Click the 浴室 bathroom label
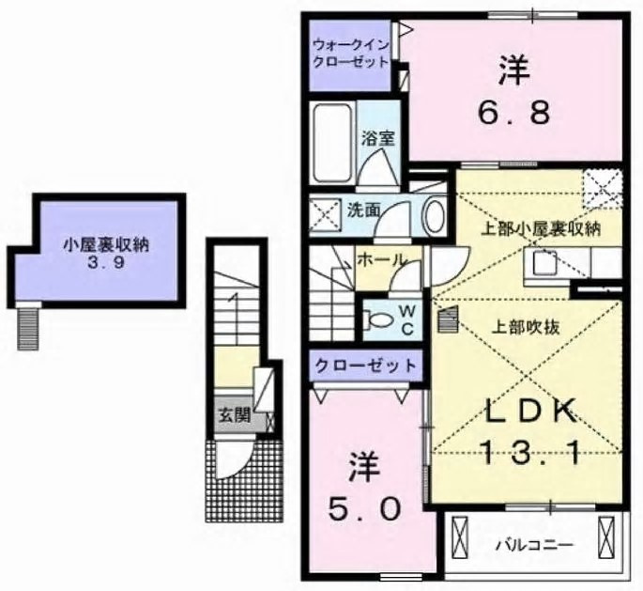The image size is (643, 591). [x=378, y=139]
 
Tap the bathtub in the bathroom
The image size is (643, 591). [x=332, y=143]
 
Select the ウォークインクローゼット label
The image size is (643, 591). [x=350, y=54]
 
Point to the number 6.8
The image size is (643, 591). [x=513, y=112]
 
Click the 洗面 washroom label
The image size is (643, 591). [x=364, y=210]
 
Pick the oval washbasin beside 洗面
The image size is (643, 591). [x=436, y=215]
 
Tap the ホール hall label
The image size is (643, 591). [x=382, y=259]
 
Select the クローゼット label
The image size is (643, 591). [x=365, y=365]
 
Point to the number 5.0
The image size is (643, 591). [x=363, y=510]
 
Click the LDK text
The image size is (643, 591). [x=528, y=412]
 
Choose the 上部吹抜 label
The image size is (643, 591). [x=526, y=328]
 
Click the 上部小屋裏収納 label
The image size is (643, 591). [x=541, y=228]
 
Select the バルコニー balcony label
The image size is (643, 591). [x=534, y=546]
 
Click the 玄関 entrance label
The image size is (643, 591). [x=234, y=416]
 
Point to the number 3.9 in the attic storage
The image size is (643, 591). [x=105, y=263]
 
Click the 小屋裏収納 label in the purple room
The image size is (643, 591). [x=106, y=246]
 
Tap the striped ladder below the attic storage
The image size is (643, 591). [x=28, y=329]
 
